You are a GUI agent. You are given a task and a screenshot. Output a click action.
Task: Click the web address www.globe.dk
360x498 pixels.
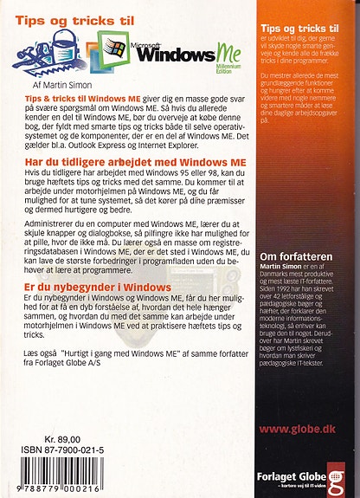click(x=299, y=452)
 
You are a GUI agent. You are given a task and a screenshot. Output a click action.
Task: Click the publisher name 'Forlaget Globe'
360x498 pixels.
click(x=291, y=475)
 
